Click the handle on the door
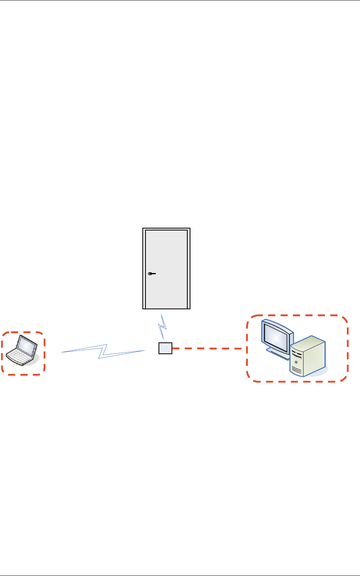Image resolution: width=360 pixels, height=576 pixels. pyautogui.click(x=151, y=274)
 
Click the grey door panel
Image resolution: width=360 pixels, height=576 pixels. pyautogui.click(x=166, y=252)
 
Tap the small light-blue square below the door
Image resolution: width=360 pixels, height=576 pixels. pyautogui.click(x=165, y=348)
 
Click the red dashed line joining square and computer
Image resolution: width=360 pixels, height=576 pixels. pyautogui.click(x=207, y=348)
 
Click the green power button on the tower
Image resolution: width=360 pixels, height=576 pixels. pyautogui.click(x=296, y=361)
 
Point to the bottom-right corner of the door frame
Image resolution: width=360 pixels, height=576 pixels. pyautogui.click(x=189, y=308)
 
